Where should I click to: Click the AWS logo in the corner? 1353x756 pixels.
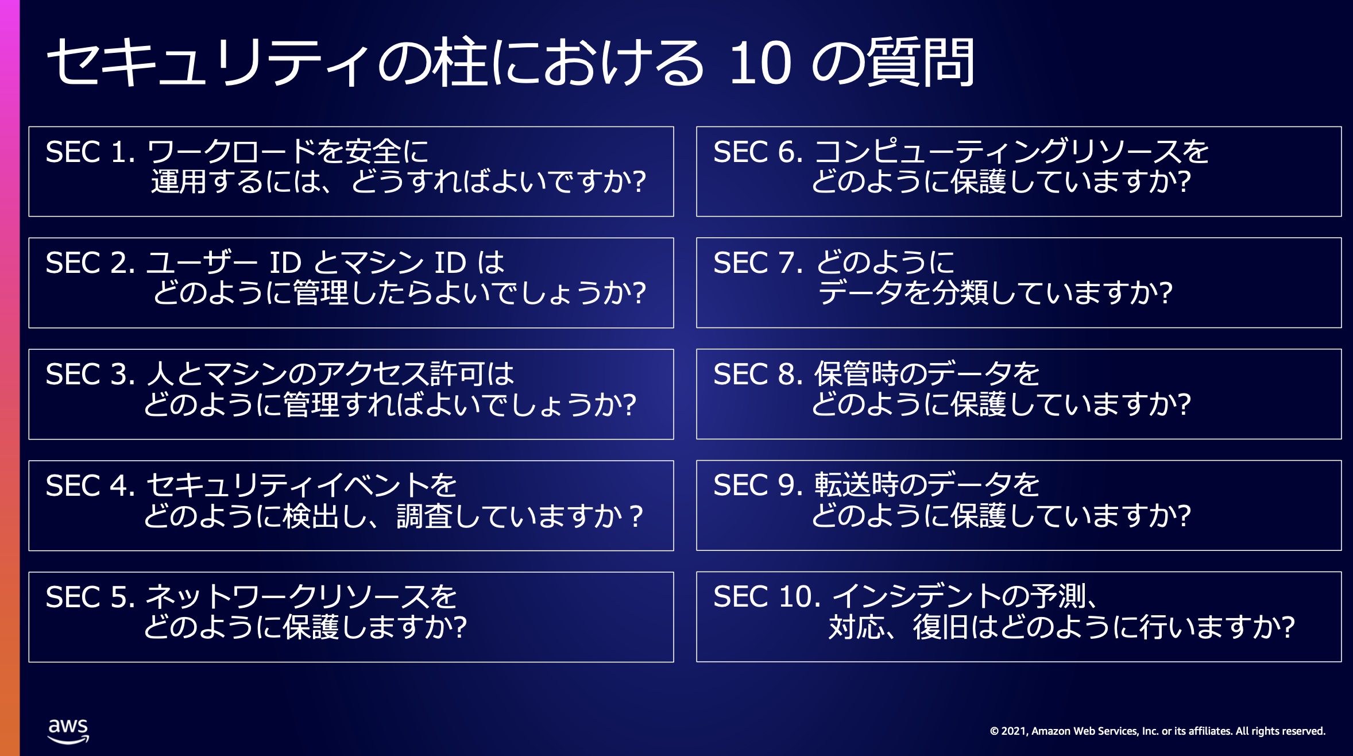pyautogui.click(x=68, y=731)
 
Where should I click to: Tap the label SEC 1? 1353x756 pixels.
pyautogui.click(x=90, y=152)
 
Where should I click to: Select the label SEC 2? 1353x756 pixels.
pyautogui.click(x=90, y=263)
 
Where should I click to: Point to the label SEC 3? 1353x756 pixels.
pyautogui.click(x=90, y=375)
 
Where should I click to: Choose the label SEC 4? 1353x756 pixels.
pyautogui.click(x=90, y=486)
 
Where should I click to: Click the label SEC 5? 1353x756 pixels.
pyautogui.click(x=90, y=597)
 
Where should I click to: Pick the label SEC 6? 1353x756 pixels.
pyautogui.click(x=758, y=152)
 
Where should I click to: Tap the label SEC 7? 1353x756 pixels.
pyautogui.click(x=758, y=263)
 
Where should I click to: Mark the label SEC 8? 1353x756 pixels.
pyautogui.click(x=758, y=375)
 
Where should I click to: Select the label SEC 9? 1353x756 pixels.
pyautogui.click(x=758, y=486)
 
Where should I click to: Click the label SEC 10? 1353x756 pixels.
pyautogui.click(x=767, y=597)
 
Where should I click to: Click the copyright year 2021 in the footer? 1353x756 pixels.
pyautogui.click(x=1013, y=731)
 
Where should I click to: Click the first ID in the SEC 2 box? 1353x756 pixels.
pyautogui.click(x=285, y=263)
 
